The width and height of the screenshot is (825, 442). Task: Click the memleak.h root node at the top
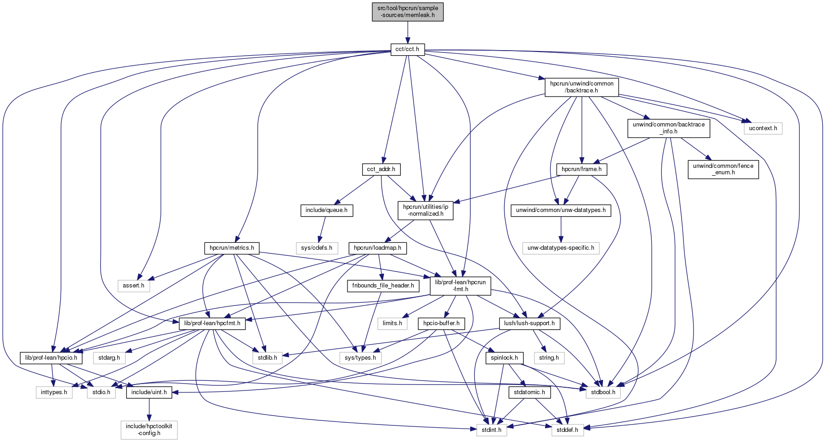click(x=408, y=11)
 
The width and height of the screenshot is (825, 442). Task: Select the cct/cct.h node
click(x=408, y=49)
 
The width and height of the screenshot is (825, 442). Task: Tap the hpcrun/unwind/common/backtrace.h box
click(x=581, y=87)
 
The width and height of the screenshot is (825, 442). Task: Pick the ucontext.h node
click(x=763, y=128)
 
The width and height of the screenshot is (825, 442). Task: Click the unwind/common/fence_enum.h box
click(x=723, y=169)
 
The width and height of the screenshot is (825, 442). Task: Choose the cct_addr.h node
click(x=381, y=169)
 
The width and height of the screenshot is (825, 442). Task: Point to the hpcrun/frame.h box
click(x=582, y=169)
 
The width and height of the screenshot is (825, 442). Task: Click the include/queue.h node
click(x=326, y=211)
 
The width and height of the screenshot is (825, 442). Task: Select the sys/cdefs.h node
click(x=317, y=248)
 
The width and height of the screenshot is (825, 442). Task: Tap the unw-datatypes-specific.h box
click(x=561, y=248)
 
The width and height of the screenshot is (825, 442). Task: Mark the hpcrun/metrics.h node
click(x=232, y=248)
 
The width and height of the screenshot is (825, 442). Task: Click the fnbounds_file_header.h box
click(x=383, y=286)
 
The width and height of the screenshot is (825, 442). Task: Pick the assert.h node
click(x=133, y=286)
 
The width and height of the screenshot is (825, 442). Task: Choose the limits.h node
click(x=392, y=323)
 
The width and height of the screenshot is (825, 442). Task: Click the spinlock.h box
click(x=504, y=357)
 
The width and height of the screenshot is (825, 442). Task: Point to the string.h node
click(x=549, y=357)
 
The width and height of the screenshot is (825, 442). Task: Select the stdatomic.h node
click(x=529, y=392)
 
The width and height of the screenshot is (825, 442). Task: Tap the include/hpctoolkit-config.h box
click(x=149, y=430)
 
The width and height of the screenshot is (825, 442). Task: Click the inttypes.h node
click(x=54, y=392)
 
